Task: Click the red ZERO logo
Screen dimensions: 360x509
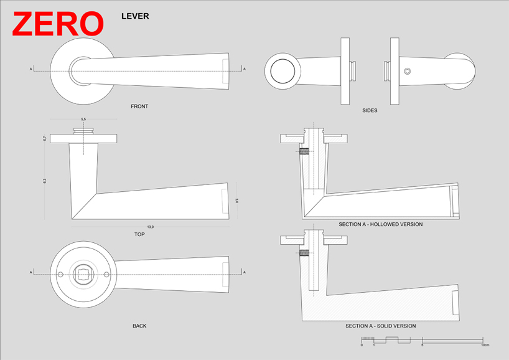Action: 57,24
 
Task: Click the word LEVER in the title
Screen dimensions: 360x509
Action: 135,16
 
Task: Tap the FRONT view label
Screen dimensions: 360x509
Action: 139,107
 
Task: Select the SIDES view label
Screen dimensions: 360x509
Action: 370,111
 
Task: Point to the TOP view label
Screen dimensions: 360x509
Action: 139,235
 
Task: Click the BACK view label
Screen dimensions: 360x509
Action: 139,326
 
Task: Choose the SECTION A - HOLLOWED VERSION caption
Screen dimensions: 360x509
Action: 380,224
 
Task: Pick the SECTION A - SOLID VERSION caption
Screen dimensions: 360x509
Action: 380,326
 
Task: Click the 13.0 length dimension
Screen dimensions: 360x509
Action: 150,227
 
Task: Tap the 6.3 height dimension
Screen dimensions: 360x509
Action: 45,181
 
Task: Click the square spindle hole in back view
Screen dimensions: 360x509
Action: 83,275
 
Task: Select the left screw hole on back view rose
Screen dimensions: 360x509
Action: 60,275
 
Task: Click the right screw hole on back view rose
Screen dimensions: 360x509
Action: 106,275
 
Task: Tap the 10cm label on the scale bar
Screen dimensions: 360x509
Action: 484,345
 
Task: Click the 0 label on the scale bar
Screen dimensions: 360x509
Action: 362,345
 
